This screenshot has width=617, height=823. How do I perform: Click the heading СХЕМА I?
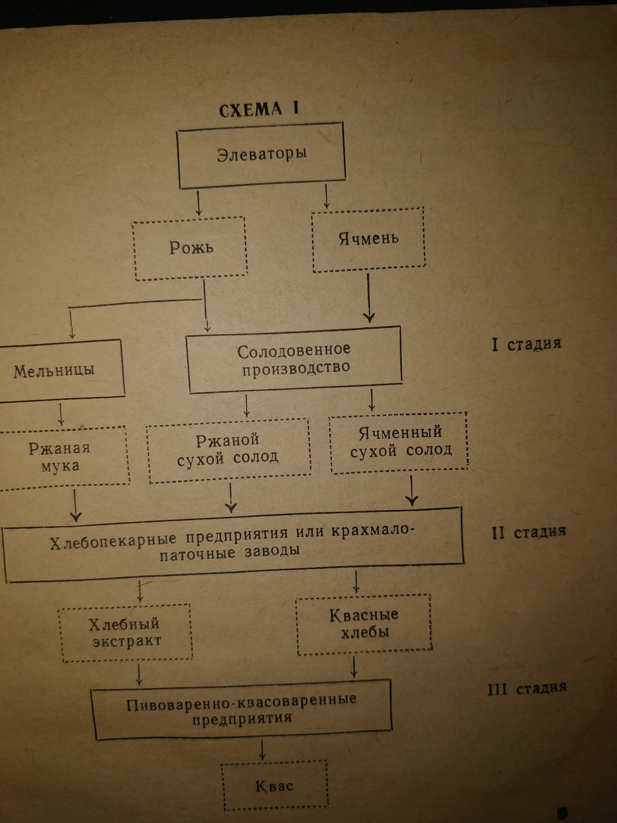coord(259,109)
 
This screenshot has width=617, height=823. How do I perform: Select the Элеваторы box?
coord(261,155)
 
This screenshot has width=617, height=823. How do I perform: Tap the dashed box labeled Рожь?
coord(191,248)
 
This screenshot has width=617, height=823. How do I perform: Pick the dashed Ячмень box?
coord(368,239)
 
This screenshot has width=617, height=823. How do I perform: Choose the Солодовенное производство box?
coord(294,359)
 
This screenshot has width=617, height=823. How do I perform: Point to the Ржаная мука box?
coord(61,457)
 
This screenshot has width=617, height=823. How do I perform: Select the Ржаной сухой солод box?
coord(228,449)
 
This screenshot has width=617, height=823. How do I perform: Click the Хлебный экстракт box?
coord(125,632)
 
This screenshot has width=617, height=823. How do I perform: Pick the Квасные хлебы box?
coord(364,623)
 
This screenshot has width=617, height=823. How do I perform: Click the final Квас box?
coord(274,786)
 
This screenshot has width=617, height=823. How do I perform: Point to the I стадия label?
coord(526,344)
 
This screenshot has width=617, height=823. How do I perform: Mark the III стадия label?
coord(526,689)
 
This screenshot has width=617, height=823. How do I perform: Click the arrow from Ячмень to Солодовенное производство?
coord(368,298)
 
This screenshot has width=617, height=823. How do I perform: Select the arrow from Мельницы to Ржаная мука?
coord(61,414)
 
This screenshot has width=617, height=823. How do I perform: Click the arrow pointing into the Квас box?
coord(262,750)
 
